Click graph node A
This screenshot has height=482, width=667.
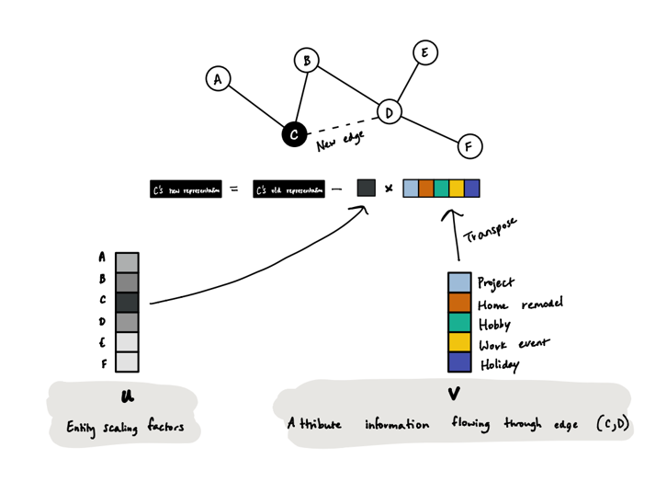click(218, 79)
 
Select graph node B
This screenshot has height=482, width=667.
click(306, 62)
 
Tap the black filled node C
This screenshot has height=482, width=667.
click(293, 135)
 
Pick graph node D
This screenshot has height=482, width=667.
click(390, 112)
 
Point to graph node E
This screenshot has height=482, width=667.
click(424, 52)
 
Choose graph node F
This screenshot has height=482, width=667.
click(469, 145)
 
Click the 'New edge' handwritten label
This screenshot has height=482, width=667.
click(340, 140)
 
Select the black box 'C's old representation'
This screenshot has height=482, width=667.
click(288, 189)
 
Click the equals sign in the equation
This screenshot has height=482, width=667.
click(234, 189)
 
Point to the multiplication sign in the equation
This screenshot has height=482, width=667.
click(388, 189)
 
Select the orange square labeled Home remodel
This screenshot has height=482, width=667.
click(459, 304)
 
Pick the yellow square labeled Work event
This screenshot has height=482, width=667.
click(459, 343)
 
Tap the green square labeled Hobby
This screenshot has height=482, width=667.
click(459, 323)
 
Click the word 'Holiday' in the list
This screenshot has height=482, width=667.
click(498, 364)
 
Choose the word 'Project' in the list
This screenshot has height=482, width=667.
click(496, 283)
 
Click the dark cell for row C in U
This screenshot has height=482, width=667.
click(127, 302)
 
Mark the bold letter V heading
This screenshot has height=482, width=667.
click(453, 395)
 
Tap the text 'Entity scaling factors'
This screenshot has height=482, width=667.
click(125, 427)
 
